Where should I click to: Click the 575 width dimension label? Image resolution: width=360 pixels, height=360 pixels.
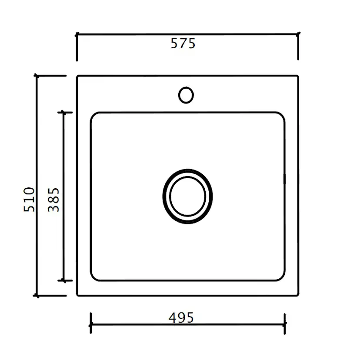pos(183,43)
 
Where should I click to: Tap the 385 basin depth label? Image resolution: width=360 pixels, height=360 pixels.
pos(53,200)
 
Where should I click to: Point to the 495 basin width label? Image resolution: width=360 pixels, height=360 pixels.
pos(181,318)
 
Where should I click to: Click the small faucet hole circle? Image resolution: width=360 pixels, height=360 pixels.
pos(186,95)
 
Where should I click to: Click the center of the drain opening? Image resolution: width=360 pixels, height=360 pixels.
pos(187,196)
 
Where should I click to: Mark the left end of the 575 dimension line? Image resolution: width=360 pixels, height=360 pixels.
pos(77,33)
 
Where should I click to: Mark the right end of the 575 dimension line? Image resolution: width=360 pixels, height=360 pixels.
pos(298,33)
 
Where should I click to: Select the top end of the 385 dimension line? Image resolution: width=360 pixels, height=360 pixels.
pos(64,112)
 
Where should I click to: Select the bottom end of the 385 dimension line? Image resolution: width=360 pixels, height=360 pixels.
pos(64,281)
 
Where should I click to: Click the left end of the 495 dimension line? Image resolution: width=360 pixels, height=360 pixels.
pos(90,324)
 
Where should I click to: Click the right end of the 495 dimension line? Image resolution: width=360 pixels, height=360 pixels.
pos(285,324)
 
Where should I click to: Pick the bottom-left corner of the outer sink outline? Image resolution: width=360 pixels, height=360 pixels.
pos(78,295)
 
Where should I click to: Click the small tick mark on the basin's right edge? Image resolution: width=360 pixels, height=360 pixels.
pos(285,178)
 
